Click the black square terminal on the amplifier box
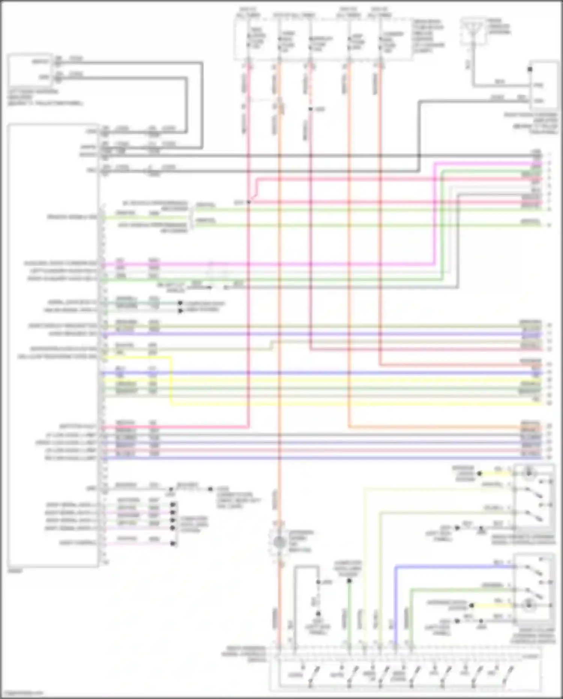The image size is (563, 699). point(530,69)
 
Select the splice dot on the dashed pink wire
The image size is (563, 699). point(310,109)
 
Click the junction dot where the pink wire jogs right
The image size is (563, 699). point(248,202)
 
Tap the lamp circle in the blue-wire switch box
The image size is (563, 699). point(529,605)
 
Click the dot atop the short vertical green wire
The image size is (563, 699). point(349,581)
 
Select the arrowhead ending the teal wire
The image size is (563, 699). point(180,303)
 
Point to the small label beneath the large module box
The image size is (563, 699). point(15,571)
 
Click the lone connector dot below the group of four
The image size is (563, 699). point(173,543)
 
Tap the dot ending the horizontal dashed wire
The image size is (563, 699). point(210,489)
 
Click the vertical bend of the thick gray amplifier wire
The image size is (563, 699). point(420,135)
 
